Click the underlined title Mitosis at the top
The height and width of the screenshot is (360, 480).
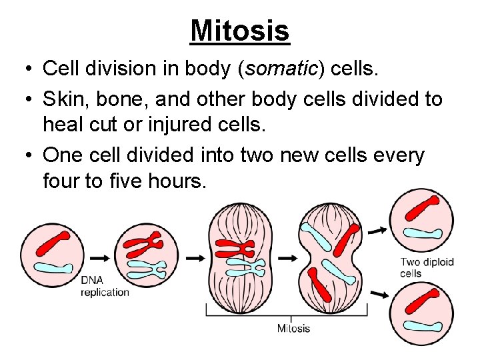pos(239,30)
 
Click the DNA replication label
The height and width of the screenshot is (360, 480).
pos(105,286)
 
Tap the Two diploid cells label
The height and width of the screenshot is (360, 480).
pos(427,267)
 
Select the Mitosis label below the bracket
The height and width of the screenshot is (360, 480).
pos(293,328)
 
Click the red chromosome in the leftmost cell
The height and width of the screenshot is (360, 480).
pos(53,243)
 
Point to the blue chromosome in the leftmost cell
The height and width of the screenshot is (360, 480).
pos(53,267)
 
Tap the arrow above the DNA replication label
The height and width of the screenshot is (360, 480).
pos(100,257)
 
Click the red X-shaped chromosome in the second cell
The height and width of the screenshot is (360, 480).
pos(145,245)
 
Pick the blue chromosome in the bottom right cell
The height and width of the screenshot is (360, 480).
pos(422,326)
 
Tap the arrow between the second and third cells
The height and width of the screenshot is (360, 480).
pos(195,257)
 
